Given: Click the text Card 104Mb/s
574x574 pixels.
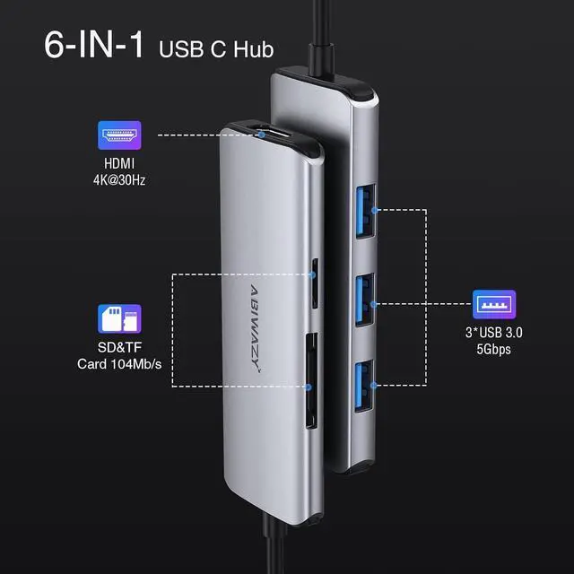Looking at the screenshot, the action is click(119, 365).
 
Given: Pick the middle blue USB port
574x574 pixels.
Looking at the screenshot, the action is click(367, 294).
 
